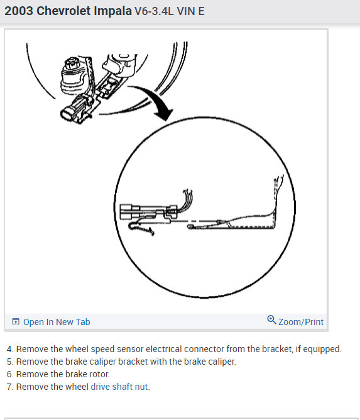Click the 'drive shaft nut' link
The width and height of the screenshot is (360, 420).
click(x=120, y=387)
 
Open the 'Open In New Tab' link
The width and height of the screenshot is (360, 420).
click(x=56, y=322)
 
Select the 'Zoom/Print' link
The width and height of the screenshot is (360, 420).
click(x=300, y=322)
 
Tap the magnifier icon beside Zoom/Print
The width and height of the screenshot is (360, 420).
click(x=271, y=321)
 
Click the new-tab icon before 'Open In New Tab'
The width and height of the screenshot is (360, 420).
click(x=16, y=322)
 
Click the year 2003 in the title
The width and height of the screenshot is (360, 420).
click(x=19, y=11)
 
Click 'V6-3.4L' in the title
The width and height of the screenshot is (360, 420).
click(x=154, y=11)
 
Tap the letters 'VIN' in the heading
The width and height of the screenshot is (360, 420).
click(x=186, y=11)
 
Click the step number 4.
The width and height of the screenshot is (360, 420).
click(x=9, y=349)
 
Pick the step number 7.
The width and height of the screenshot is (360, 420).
click(x=9, y=387)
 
